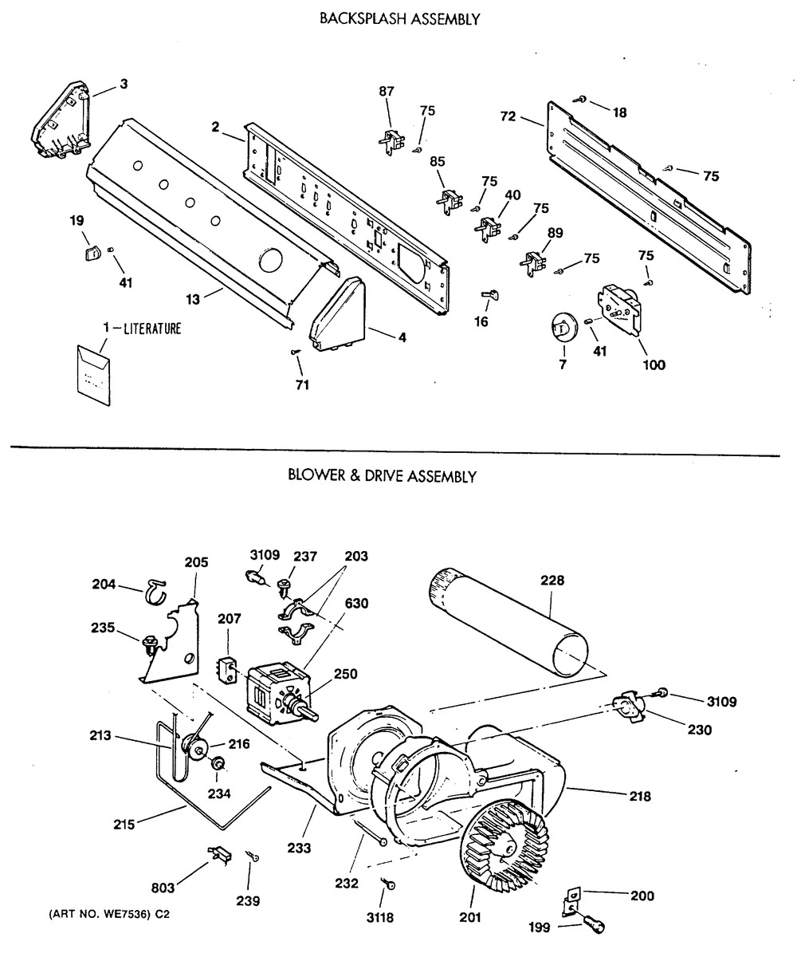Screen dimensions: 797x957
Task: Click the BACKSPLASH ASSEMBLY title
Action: coord(399,19)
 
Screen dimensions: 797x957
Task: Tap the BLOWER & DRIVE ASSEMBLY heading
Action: coord(382,476)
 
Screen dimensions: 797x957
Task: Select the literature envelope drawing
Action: coord(94,376)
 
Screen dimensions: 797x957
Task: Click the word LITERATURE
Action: coord(152,329)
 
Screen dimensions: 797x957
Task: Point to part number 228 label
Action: coord(552,581)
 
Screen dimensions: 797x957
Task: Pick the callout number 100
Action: coord(654,364)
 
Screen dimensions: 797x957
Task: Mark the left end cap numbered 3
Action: coord(62,120)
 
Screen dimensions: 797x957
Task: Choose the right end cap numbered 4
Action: coord(338,314)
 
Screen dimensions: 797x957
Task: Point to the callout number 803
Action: coord(163,888)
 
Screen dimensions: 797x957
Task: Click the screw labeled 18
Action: coord(580,99)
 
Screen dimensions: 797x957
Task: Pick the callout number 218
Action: coord(639,796)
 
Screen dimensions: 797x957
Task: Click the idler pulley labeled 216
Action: coord(194,749)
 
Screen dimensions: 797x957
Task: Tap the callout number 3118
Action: coord(379,917)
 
